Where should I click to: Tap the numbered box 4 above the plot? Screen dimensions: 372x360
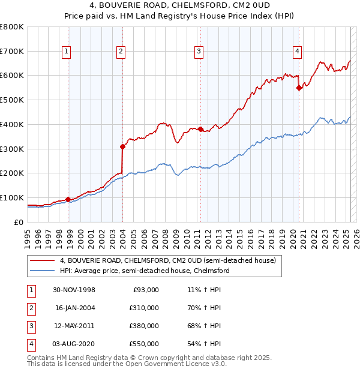tap(297, 52)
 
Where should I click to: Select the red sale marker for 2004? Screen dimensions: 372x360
tap(122, 146)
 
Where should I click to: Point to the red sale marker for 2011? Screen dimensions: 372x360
tap(200, 129)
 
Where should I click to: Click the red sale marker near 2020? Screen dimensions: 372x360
tap(299, 88)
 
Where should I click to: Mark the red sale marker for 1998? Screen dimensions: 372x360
tap(68, 199)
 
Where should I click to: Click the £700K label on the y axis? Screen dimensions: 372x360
tap(12, 51)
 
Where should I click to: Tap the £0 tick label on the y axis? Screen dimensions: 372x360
tap(19, 222)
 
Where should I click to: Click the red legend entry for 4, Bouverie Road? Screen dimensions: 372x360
tap(167, 260)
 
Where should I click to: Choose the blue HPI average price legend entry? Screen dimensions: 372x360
tap(145, 271)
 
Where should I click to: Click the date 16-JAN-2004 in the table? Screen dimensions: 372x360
tap(74, 308)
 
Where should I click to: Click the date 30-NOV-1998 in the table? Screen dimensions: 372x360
tap(74, 290)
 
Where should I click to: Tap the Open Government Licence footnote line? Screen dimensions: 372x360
tap(127, 364)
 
